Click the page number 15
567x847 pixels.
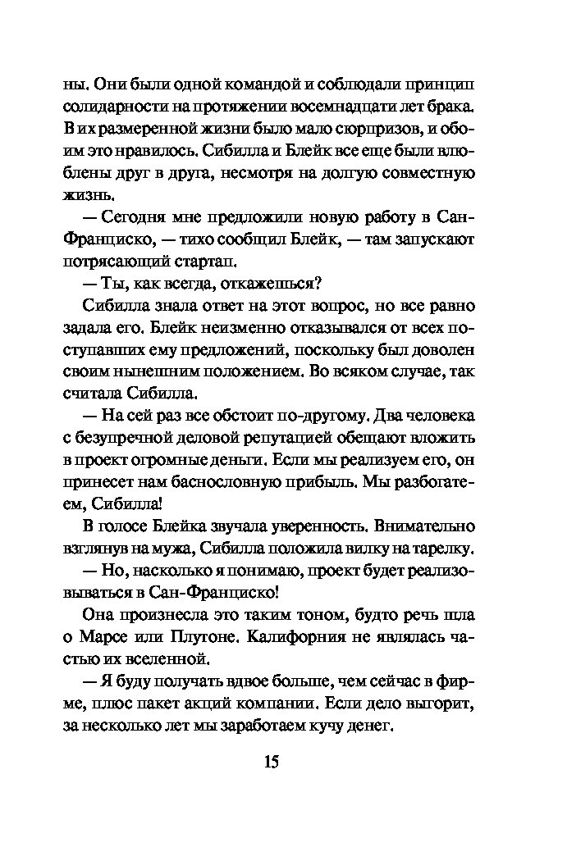272,762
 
